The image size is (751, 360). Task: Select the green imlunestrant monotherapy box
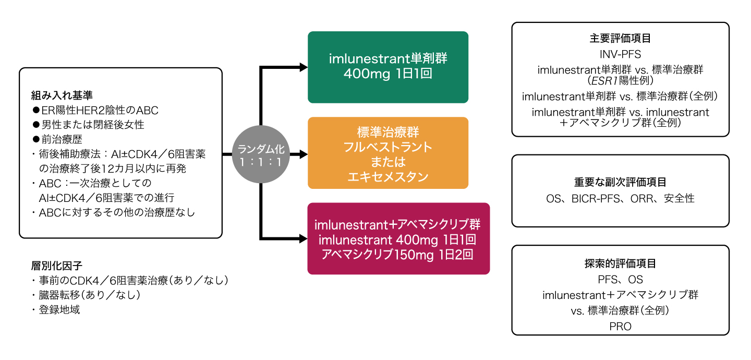388,67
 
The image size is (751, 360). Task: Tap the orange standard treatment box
388,153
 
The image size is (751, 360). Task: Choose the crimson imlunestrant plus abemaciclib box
398,238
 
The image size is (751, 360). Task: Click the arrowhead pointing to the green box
303,67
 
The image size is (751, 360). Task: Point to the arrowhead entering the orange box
303,154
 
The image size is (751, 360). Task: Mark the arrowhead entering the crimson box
303,239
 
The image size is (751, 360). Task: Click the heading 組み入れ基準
62,96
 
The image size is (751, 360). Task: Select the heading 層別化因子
57,266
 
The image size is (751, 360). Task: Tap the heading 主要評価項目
620,39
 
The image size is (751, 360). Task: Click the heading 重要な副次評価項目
620,182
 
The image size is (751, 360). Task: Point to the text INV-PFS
620,54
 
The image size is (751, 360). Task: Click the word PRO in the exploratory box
620,326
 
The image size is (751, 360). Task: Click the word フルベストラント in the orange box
388,147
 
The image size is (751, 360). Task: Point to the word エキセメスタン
388,177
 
